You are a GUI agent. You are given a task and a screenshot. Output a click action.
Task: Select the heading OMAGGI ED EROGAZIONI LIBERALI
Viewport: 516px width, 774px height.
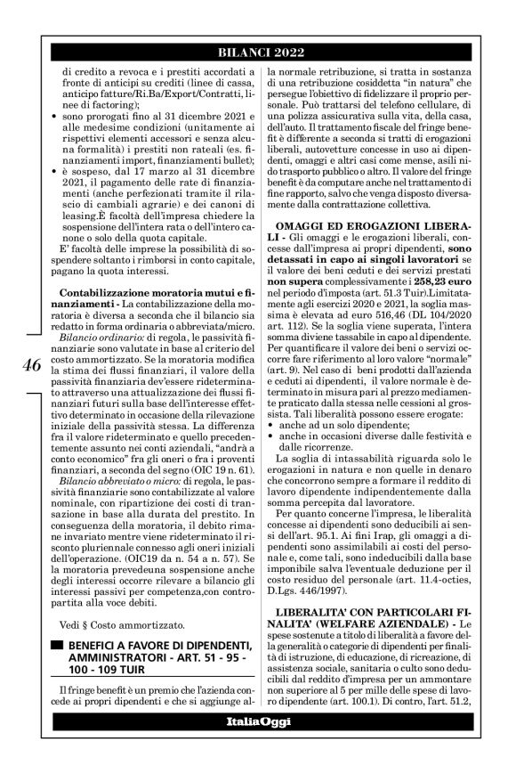point(382,219)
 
